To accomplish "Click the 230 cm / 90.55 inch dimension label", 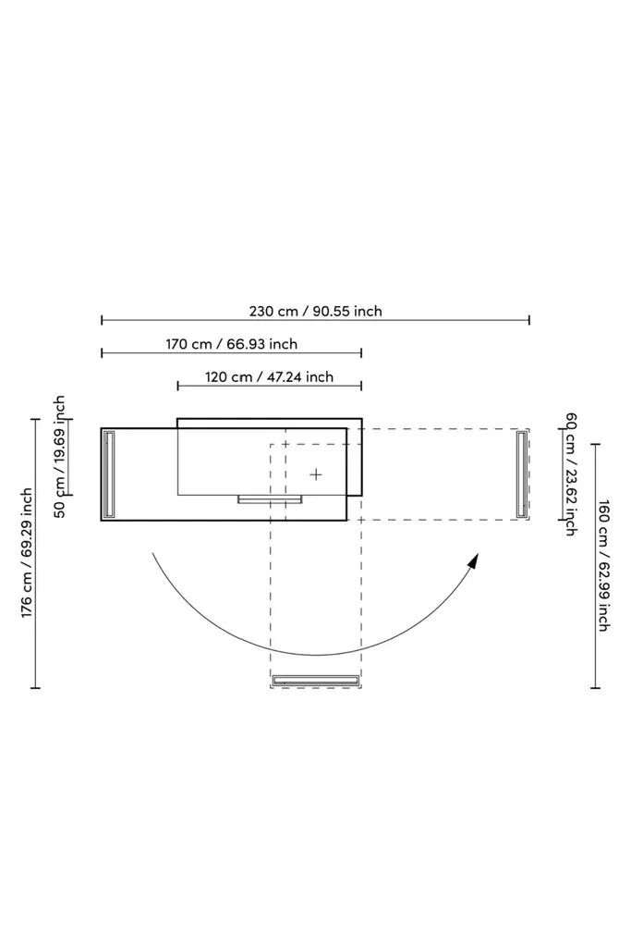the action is (x=316, y=311).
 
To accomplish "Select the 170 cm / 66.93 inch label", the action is (x=232, y=344).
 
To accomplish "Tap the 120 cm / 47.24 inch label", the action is (x=269, y=377).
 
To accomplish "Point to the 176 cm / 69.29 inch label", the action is (x=27, y=553).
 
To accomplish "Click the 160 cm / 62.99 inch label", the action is (x=602, y=565).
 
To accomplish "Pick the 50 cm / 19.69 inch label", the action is (x=59, y=457).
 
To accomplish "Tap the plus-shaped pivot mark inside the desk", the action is (x=316, y=474).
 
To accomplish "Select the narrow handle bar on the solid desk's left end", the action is (x=109, y=474).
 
